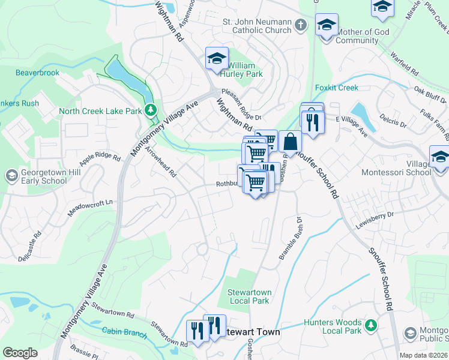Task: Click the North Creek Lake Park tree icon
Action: [x=151, y=110]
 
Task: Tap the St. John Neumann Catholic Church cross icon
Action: [x=301, y=25]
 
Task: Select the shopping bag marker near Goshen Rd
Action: [x=290, y=142]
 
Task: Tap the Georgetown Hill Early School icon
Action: [x=10, y=175]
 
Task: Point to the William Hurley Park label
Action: [x=245, y=70]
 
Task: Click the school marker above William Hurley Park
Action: [x=217, y=58]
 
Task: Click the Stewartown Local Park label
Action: [x=249, y=296]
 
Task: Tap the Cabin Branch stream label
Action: [x=124, y=331]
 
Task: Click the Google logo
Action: [x=20, y=353]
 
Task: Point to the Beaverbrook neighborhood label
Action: [x=37, y=73]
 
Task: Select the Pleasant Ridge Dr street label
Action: [x=242, y=105]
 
